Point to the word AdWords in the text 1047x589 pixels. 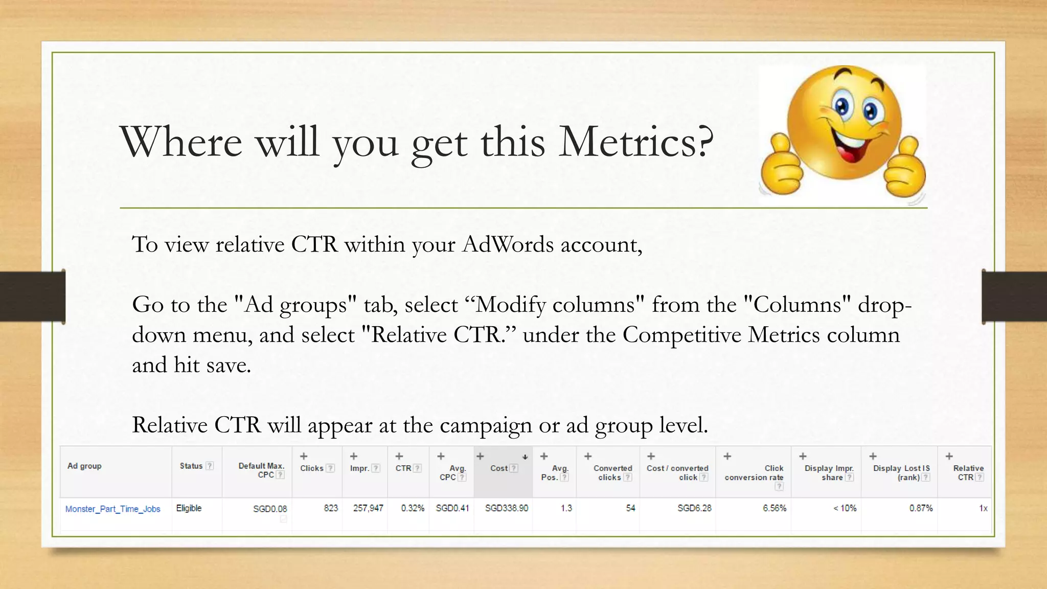click(x=508, y=244)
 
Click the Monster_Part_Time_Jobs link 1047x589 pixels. click(x=113, y=509)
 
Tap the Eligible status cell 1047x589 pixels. click(x=189, y=508)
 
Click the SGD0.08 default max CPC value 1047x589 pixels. click(x=270, y=509)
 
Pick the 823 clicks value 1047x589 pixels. click(x=331, y=508)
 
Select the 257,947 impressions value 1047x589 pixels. click(x=368, y=508)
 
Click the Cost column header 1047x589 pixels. click(x=499, y=468)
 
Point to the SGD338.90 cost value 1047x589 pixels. click(x=506, y=508)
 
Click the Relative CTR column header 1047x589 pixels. click(x=968, y=473)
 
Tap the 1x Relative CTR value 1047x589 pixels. click(x=983, y=508)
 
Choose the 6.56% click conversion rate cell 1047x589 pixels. click(x=774, y=508)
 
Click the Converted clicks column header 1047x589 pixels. click(x=612, y=473)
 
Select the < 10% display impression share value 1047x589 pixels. click(x=845, y=508)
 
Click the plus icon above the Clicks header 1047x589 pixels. click(x=304, y=456)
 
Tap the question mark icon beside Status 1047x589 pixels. click(x=210, y=466)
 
